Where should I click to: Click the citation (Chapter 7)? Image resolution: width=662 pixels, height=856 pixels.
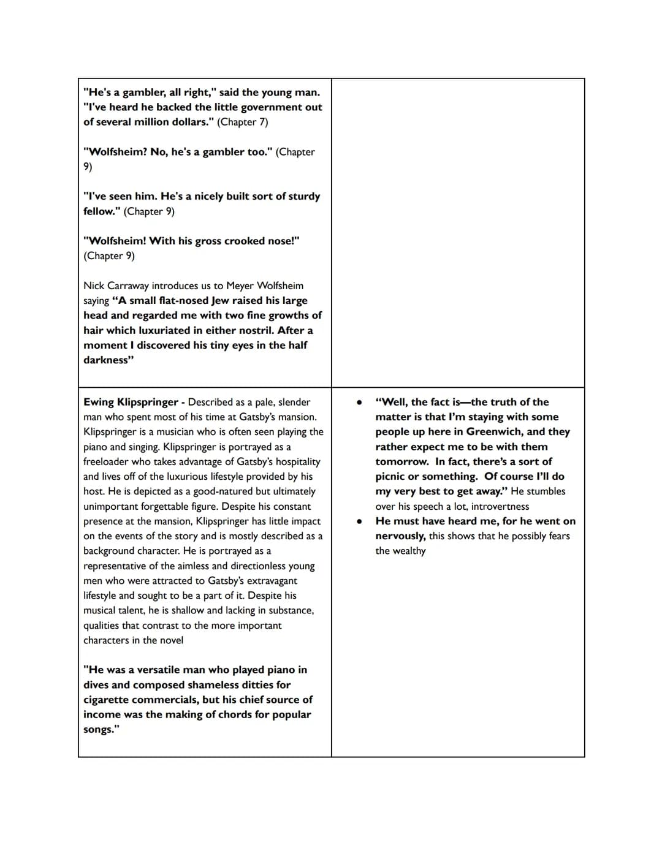(242, 122)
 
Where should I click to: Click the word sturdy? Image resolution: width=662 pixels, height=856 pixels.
(304, 196)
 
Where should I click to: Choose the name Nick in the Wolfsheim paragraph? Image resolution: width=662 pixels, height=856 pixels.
(94, 286)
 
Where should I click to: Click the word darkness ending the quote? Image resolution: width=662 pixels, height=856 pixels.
(107, 360)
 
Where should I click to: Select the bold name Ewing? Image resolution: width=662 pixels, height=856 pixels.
(99, 402)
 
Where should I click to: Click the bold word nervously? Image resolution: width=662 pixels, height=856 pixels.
(400, 536)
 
